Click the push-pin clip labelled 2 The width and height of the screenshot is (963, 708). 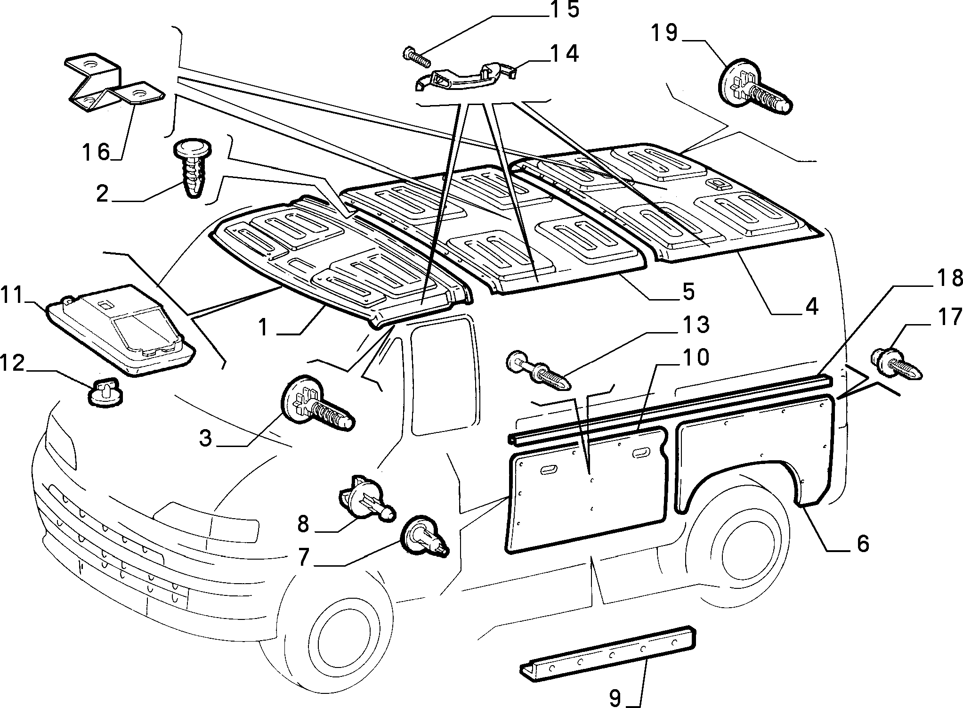194,167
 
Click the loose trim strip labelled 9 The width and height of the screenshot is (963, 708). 608,653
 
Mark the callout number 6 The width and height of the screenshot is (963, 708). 862,544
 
